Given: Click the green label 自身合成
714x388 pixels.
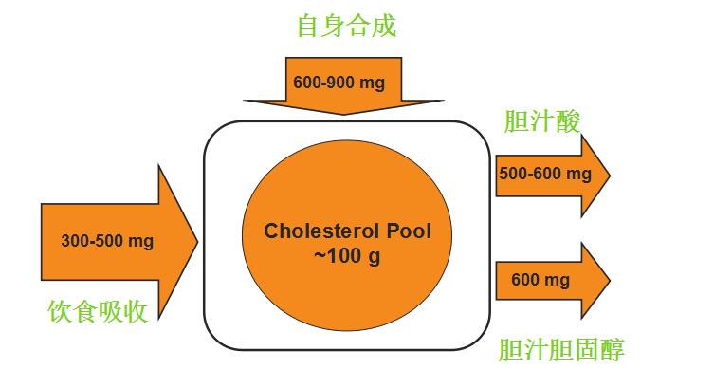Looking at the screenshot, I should (346, 25).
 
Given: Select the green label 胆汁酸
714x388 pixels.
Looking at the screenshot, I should (541, 121).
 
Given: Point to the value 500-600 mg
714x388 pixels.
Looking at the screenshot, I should (543, 174).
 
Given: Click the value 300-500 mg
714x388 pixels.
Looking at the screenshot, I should (107, 240).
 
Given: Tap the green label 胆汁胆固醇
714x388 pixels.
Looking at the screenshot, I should (561, 350).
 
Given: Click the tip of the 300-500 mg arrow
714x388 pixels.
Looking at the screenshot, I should (196, 237).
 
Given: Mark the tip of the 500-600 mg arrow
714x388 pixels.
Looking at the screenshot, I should (609, 175).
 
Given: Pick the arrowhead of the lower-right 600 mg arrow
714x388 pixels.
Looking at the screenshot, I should (609, 280).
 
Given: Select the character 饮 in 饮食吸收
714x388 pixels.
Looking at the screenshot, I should (60, 310).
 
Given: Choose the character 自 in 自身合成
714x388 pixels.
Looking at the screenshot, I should (309, 25).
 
